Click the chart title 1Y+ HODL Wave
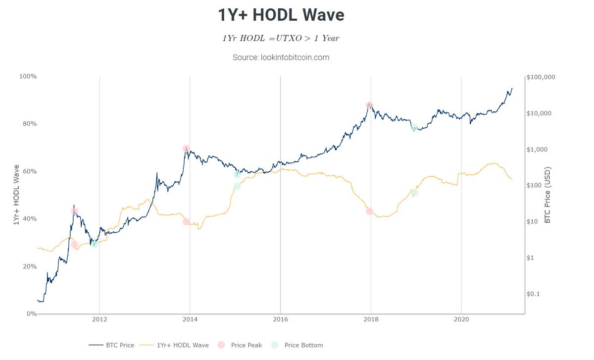[281, 15]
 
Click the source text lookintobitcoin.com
[281, 57]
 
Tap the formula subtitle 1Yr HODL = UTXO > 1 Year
[281, 38]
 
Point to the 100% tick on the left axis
[28, 76]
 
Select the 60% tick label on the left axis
[29, 171]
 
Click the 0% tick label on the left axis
[31, 314]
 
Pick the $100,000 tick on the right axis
[541, 77]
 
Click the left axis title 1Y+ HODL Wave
[16, 195]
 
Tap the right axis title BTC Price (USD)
[547, 195]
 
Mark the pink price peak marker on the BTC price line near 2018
[369, 105]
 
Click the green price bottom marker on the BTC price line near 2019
[414, 127]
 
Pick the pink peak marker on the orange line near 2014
[186, 221]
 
